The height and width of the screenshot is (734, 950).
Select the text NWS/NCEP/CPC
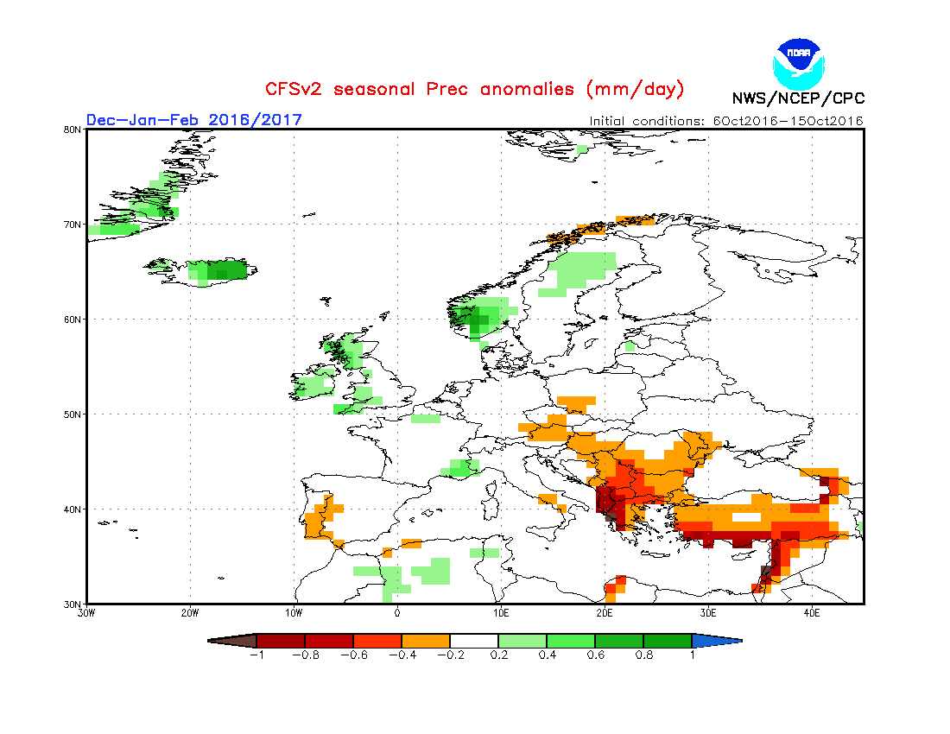coord(798,98)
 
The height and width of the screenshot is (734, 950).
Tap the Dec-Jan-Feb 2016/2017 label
coord(193,119)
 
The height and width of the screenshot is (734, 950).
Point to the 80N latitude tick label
coord(73,130)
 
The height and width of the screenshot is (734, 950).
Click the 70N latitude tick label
coord(73,225)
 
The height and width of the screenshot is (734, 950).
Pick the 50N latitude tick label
coord(73,414)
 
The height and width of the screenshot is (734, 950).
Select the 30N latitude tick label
coord(73,604)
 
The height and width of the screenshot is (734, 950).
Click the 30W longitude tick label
coord(86,613)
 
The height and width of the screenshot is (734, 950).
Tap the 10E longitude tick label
coord(501,613)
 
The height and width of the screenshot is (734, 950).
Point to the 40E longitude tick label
coord(812,613)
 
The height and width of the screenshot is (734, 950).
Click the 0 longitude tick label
coord(397,613)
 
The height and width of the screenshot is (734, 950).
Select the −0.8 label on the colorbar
coord(304,655)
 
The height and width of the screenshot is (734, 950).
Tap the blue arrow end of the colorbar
coord(717,641)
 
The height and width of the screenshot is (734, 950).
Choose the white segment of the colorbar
coord(473,641)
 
